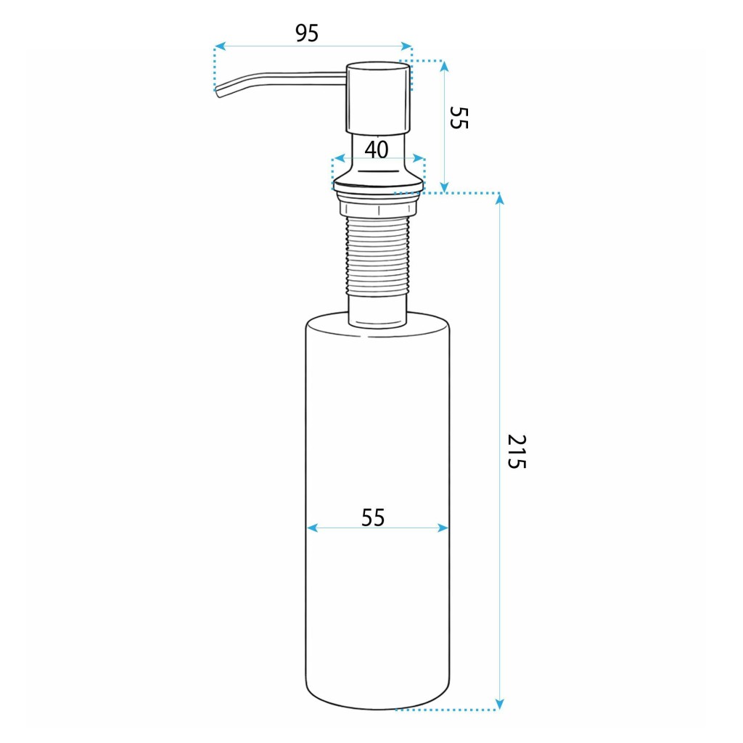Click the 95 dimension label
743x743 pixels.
307,33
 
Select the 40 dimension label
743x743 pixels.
377,149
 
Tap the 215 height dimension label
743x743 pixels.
517,451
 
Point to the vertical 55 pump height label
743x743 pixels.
459,118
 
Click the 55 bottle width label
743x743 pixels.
373,517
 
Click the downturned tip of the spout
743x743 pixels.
218,93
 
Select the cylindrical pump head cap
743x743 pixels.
378,97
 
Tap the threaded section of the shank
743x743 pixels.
377,256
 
